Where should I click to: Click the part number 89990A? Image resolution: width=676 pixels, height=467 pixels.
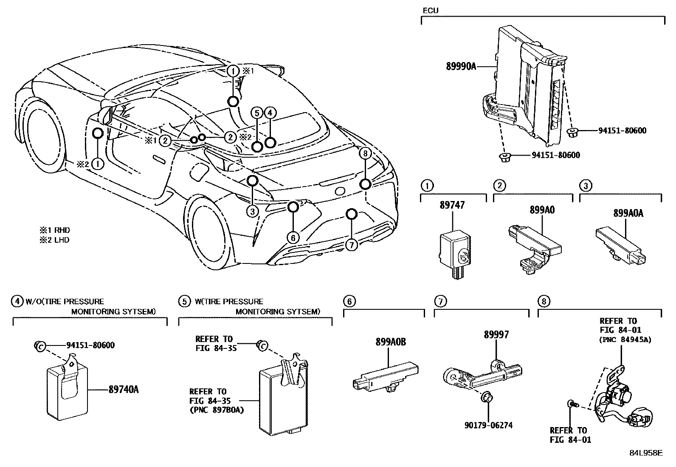[461, 66]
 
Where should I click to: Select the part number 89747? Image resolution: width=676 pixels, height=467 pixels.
[453, 205]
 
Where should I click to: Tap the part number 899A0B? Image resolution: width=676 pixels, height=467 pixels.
[390, 342]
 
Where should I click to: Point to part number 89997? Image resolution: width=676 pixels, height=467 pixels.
[496, 335]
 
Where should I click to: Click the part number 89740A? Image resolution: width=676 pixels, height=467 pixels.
[124, 389]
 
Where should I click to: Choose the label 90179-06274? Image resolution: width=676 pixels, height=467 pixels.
[488, 425]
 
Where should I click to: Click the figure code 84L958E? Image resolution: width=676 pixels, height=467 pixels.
[645, 453]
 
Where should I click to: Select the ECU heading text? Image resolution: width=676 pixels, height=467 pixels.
[431, 11]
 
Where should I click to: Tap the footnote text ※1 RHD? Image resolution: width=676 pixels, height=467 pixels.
[55, 230]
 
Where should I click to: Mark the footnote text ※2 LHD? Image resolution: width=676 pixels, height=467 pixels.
[55, 240]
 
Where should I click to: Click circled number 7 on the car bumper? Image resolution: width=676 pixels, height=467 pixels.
[351, 245]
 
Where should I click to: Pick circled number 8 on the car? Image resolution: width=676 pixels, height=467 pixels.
[365, 153]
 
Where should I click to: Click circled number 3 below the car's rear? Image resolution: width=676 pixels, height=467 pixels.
[252, 211]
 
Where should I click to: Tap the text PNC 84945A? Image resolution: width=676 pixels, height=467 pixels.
[625, 340]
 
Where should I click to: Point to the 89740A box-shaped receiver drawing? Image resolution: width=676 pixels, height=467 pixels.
[68, 391]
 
